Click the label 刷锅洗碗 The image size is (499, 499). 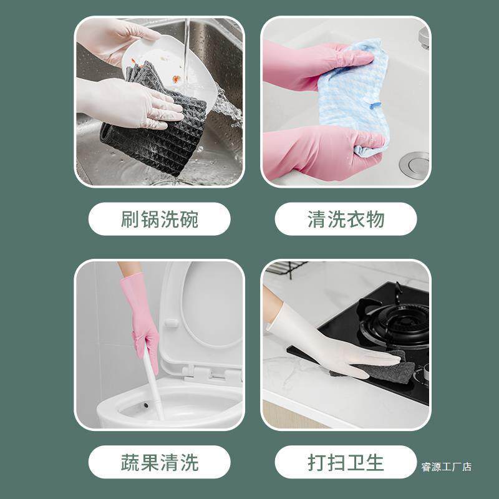pos(159,219)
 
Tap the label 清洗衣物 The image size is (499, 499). pos(346,219)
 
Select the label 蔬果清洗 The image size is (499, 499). pos(159,462)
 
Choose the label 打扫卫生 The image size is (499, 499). pos(346,462)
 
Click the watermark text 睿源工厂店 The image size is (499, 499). pos(446,467)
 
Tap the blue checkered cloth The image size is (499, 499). pos(356,94)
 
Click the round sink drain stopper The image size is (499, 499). pos(414,164)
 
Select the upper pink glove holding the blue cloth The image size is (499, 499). pos(312,65)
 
